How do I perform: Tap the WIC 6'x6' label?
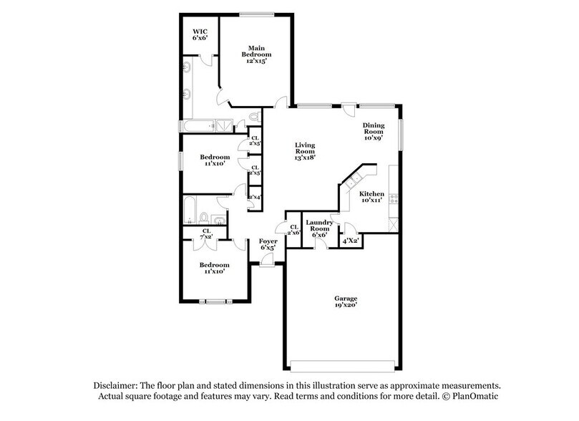point(200,35)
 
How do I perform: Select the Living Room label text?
point(306,151)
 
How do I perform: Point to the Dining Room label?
point(374,131)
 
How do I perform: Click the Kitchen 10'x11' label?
point(372,197)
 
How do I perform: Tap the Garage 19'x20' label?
point(345,301)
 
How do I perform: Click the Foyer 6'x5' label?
point(268,246)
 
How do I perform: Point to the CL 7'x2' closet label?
point(206,233)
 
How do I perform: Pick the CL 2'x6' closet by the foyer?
point(293,230)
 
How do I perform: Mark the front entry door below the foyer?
point(267,265)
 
